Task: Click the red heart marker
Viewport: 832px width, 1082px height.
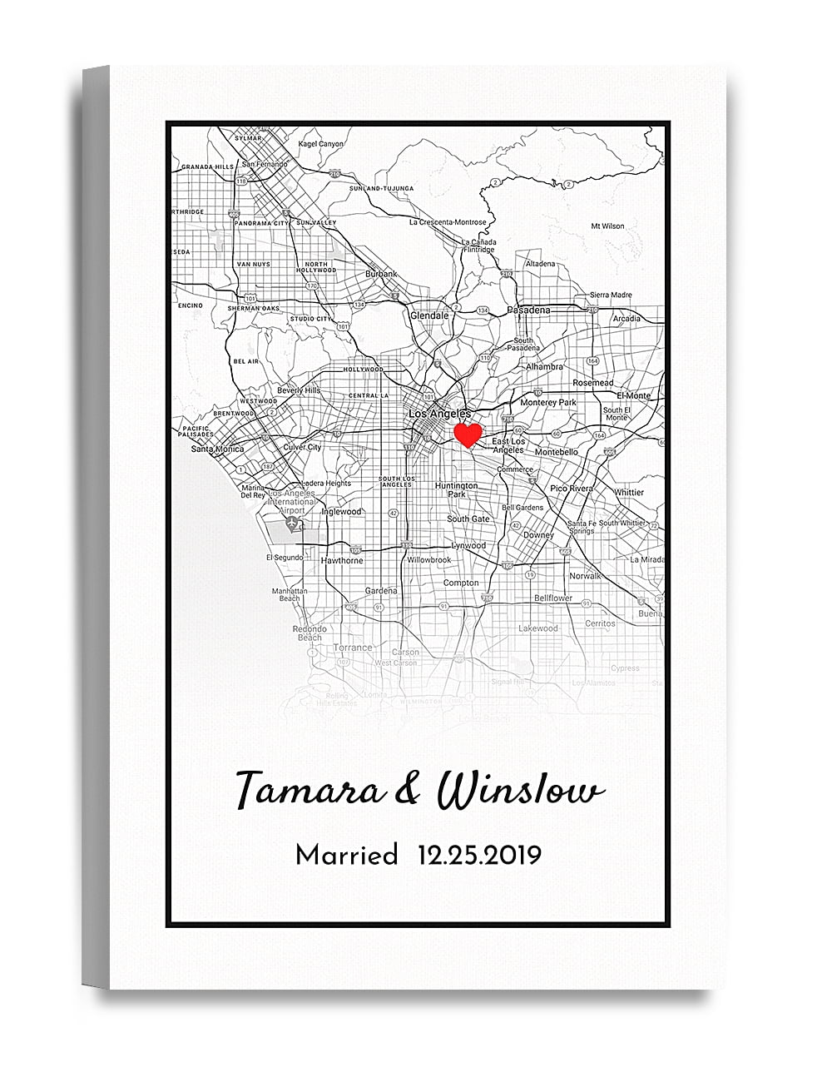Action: click(x=468, y=434)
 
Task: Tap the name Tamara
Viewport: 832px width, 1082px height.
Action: click(x=310, y=789)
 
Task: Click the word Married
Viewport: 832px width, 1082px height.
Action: click(x=347, y=855)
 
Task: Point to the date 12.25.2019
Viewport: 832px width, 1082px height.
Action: click(x=480, y=855)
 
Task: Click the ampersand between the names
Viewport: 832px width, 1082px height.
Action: click(x=409, y=789)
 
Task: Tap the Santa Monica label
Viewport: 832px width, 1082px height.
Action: click(x=218, y=449)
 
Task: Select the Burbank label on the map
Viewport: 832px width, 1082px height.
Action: click(x=382, y=274)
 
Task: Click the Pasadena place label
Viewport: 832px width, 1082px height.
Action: click(x=529, y=310)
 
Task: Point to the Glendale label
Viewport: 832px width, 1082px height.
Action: click(x=429, y=316)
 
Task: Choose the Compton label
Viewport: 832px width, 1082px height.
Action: click(x=461, y=583)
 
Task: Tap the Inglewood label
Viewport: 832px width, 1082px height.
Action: click(x=342, y=512)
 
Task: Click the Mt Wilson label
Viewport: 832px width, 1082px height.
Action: click(x=607, y=226)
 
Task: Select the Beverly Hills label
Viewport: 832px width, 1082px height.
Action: click(x=299, y=390)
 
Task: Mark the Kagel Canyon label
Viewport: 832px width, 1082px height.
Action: click(x=320, y=144)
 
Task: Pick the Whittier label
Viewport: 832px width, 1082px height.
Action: click(x=629, y=493)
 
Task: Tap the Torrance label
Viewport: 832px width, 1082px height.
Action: click(x=353, y=648)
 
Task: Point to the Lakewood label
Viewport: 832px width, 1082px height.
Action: click(x=538, y=628)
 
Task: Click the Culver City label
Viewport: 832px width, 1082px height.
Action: click(x=302, y=447)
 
